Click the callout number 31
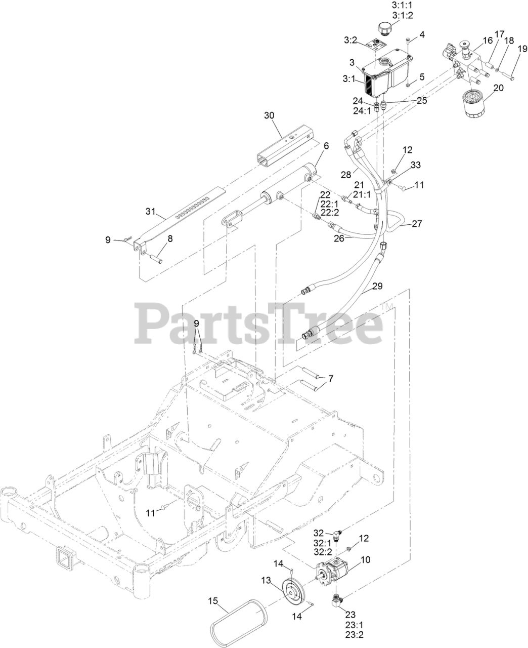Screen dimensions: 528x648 [150, 212]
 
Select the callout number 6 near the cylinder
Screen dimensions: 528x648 [326, 146]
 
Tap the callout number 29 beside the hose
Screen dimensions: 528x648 [377, 286]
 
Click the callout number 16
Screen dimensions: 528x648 [473, 40]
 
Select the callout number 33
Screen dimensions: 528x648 [415, 165]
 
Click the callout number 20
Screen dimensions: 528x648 [498, 88]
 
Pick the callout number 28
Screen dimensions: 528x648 [346, 175]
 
